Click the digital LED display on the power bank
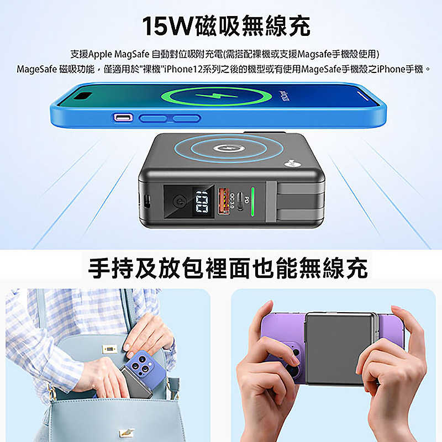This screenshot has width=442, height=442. (x=200, y=202)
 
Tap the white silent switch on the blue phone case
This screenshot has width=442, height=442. (x=122, y=118)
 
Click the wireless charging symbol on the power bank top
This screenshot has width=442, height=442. (x=227, y=149)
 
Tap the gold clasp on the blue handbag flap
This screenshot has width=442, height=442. (x=108, y=350)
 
